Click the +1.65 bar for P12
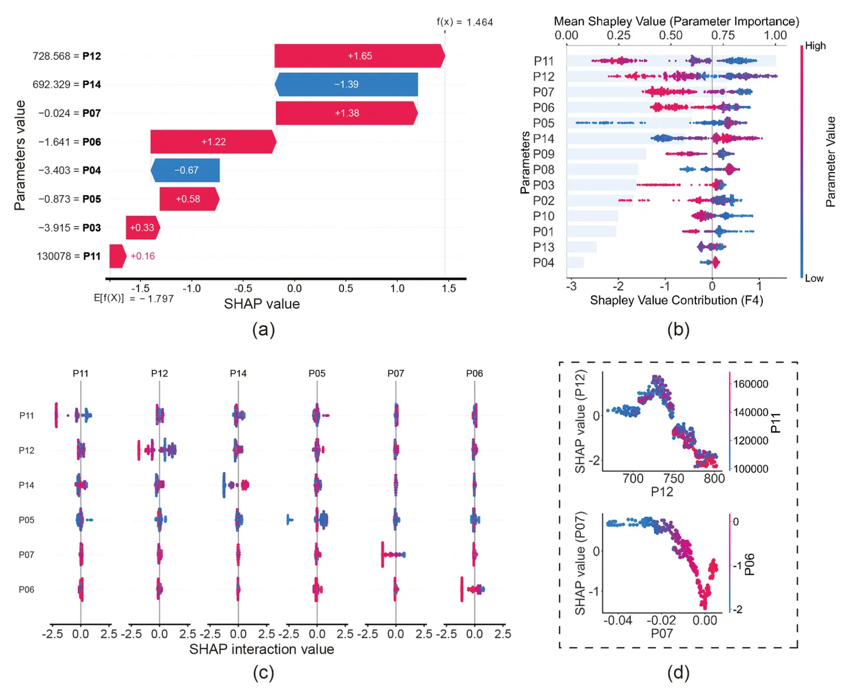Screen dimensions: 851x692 point(359,55)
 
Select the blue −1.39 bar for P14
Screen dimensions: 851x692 point(346,85)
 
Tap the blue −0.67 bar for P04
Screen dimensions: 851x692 point(185,170)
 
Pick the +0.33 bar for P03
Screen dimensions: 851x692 point(143,227)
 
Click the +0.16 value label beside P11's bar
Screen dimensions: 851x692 point(143,256)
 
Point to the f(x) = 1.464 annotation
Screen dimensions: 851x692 point(464,22)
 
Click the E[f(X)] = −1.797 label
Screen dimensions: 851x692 point(134,298)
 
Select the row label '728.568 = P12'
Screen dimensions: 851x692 point(67,56)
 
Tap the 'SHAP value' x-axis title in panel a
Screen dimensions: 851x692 point(262,304)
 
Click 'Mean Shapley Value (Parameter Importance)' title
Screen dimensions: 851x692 point(677,21)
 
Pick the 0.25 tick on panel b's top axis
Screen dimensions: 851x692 point(618,35)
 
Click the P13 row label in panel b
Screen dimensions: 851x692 point(543,247)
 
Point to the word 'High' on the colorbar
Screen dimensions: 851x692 point(815,46)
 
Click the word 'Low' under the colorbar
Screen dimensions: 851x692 point(814,278)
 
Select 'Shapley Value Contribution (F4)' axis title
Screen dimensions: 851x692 point(677,300)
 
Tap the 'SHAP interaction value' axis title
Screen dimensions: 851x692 point(262,649)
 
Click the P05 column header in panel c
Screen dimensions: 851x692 point(317,373)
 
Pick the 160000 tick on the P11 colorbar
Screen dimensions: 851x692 point(751,384)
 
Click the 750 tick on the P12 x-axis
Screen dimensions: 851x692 point(674,478)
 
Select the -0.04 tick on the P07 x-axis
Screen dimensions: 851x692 point(618,620)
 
